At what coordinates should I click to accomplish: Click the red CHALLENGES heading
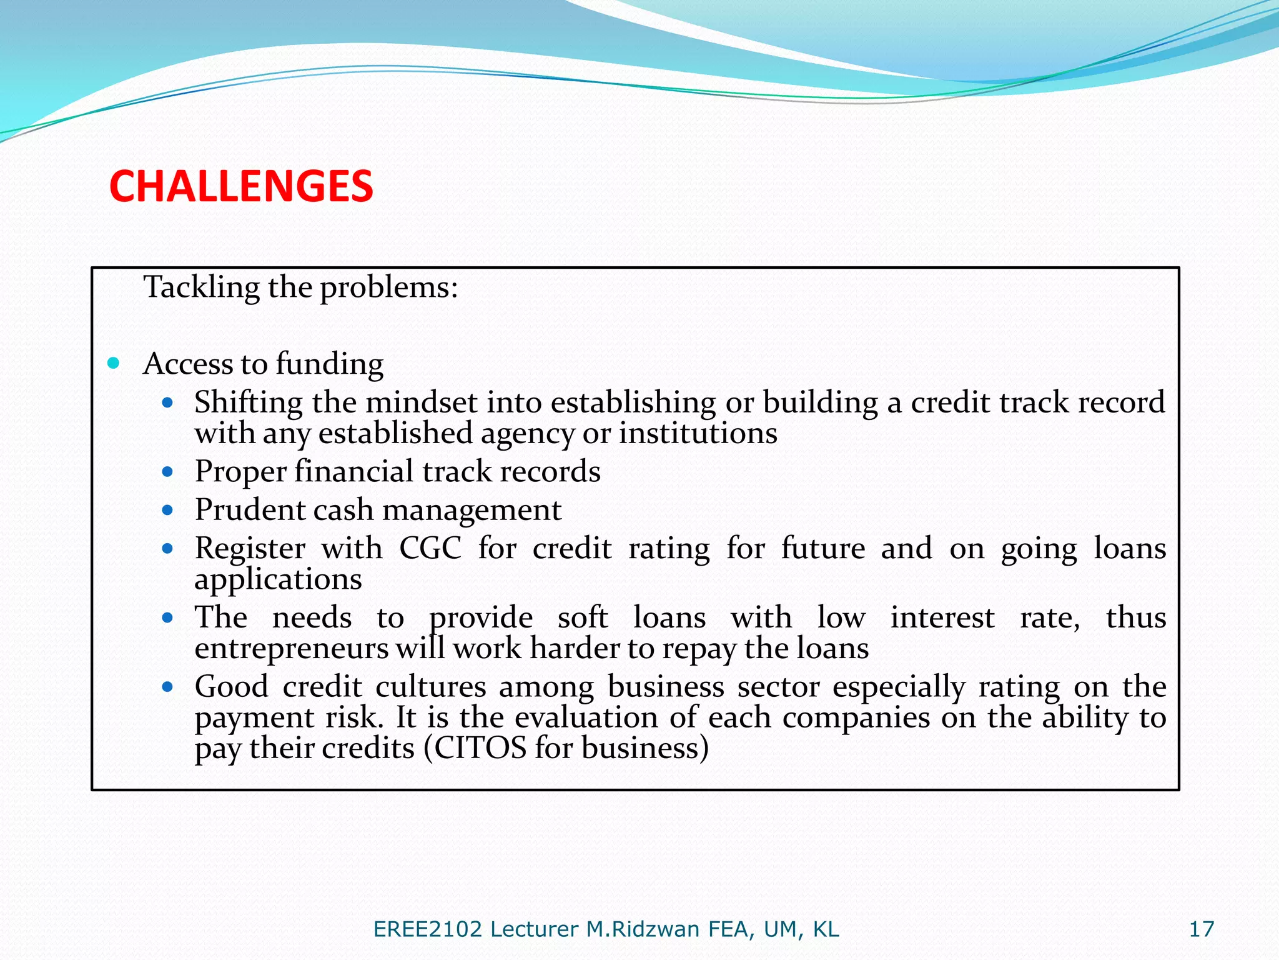pyautogui.click(x=241, y=186)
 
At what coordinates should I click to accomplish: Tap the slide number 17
pyautogui.click(x=1201, y=929)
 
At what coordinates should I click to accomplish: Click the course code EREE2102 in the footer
pyautogui.click(x=428, y=929)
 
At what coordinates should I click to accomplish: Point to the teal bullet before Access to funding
pyautogui.click(x=113, y=363)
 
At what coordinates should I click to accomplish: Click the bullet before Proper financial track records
pyautogui.click(x=167, y=472)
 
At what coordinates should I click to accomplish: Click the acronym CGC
pyautogui.click(x=430, y=548)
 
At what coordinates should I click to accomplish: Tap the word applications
pyautogui.click(x=278, y=580)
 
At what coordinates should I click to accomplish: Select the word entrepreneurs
pyautogui.click(x=292, y=648)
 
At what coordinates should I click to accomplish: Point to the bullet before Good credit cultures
pyautogui.click(x=167, y=687)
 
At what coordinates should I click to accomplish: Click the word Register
pyautogui.click(x=250, y=548)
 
